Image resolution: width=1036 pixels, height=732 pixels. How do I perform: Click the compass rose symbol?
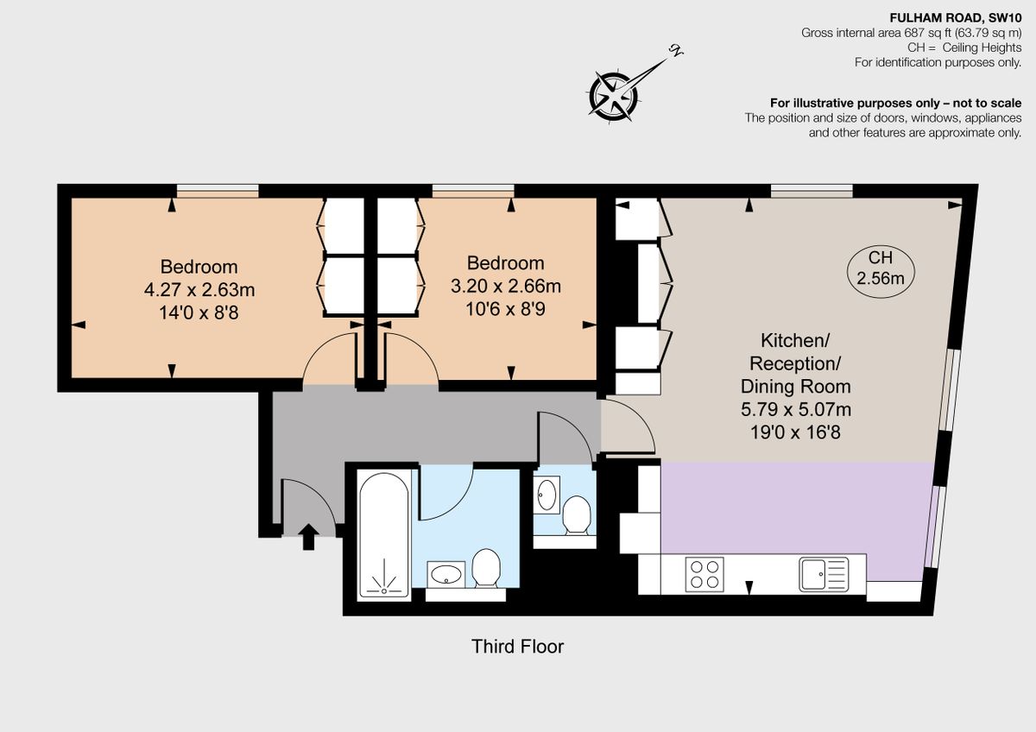[615, 91]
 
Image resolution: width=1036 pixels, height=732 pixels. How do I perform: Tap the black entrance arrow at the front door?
[307, 536]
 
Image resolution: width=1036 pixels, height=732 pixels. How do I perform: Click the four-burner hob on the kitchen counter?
[704, 574]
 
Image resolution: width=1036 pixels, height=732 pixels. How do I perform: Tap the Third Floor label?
[517, 646]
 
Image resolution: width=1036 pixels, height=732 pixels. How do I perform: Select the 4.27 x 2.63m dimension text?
[199, 289]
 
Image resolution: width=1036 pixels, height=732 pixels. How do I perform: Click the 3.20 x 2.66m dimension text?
[506, 285]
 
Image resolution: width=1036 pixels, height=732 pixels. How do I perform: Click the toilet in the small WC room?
[576, 515]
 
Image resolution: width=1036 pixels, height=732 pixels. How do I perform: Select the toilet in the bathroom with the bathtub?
[487, 568]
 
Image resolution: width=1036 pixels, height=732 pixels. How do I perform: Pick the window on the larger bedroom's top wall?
[218, 191]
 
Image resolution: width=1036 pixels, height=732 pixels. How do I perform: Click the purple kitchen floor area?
[794, 509]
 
